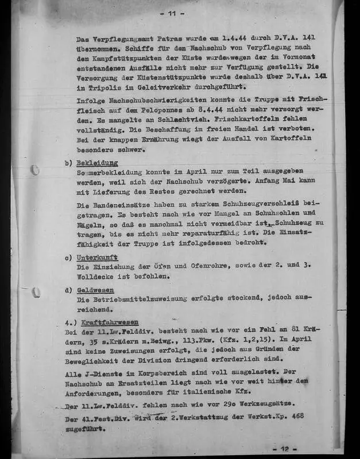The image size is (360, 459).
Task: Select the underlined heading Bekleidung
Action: [x=97, y=162]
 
